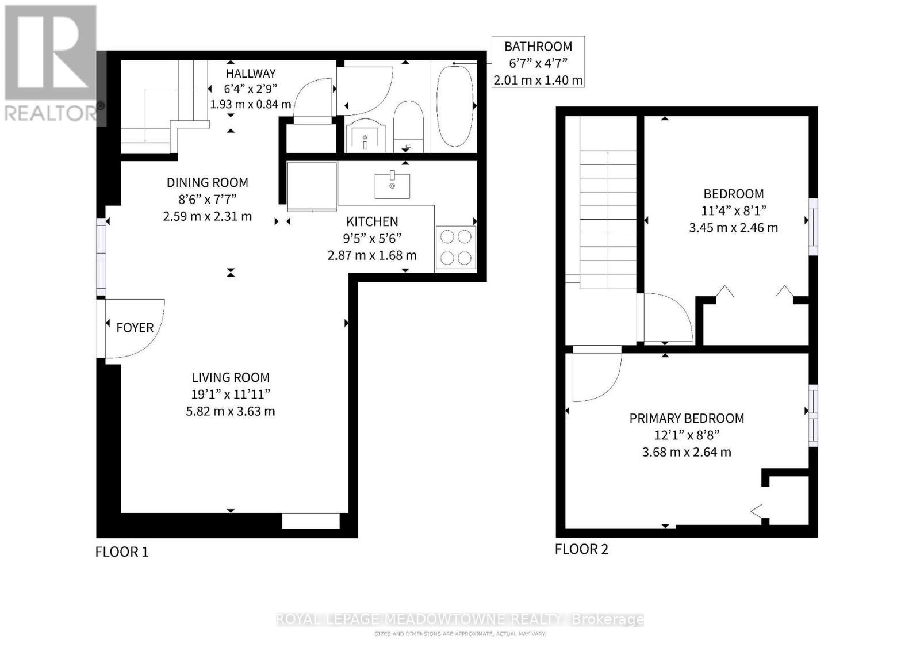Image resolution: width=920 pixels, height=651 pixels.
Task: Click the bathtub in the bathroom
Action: tap(455, 106)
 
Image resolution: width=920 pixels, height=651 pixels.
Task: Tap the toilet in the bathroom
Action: tap(408, 127)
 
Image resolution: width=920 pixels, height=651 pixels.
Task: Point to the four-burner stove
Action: tap(456, 247)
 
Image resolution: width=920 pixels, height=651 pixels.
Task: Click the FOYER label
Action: tap(135, 328)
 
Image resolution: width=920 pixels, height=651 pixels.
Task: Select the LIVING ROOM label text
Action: tap(230, 378)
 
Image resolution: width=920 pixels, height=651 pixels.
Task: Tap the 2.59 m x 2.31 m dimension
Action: tap(207, 217)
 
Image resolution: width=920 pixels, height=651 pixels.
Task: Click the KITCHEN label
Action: tap(372, 221)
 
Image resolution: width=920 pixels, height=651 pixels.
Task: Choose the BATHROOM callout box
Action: tap(538, 62)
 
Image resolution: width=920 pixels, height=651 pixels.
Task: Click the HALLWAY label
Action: tap(251, 74)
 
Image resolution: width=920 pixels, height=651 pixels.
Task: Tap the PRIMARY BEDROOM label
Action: tap(687, 419)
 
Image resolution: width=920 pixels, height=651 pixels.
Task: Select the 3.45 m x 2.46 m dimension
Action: tap(733, 228)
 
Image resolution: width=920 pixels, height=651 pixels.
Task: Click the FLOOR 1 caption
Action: tap(122, 552)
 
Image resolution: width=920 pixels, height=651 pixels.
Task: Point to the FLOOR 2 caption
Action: tap(581, 549)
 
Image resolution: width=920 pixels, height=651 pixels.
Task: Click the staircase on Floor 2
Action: tap(607, 219)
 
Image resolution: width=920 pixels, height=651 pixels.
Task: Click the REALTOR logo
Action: tap(52, 63)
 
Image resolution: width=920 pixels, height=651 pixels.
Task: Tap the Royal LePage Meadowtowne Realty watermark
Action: tap(460, 619)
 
